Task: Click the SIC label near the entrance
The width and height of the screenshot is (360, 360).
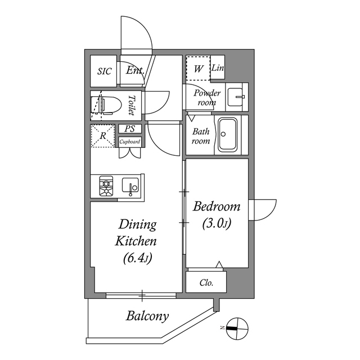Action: click(105, 71)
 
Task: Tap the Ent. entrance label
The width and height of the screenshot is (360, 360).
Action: click(135, 71)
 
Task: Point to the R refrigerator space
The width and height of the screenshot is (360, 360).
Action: click(103, 136)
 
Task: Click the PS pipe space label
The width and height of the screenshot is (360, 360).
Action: click(130, 129)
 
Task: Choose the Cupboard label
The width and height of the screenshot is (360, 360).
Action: click(130, 142)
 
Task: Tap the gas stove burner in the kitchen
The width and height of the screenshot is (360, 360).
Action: click(106, 186)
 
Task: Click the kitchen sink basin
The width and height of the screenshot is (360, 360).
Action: click(131, 186)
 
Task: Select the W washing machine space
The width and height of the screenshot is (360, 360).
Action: click(198, 69)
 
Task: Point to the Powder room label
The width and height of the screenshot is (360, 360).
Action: click(208, 97)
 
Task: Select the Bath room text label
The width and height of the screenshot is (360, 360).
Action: click(201, 136)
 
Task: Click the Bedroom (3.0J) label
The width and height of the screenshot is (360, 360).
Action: click(217, 214)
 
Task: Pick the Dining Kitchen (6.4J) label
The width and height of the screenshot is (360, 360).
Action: click(136, 241)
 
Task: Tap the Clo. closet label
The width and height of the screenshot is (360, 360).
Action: click(206, 283)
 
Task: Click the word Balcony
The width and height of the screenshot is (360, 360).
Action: click(147, 316)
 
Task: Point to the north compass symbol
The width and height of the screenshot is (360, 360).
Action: click(237, 328)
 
